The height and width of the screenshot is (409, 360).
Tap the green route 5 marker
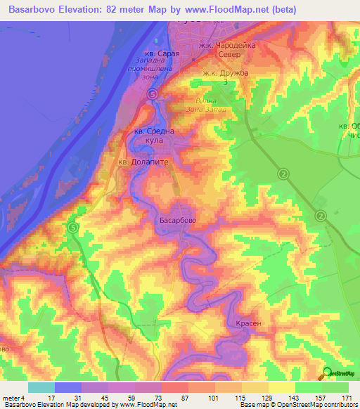(73, 227)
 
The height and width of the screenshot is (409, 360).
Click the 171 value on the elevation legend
(346, 399)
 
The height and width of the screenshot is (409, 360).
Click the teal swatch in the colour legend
(41, 387)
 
